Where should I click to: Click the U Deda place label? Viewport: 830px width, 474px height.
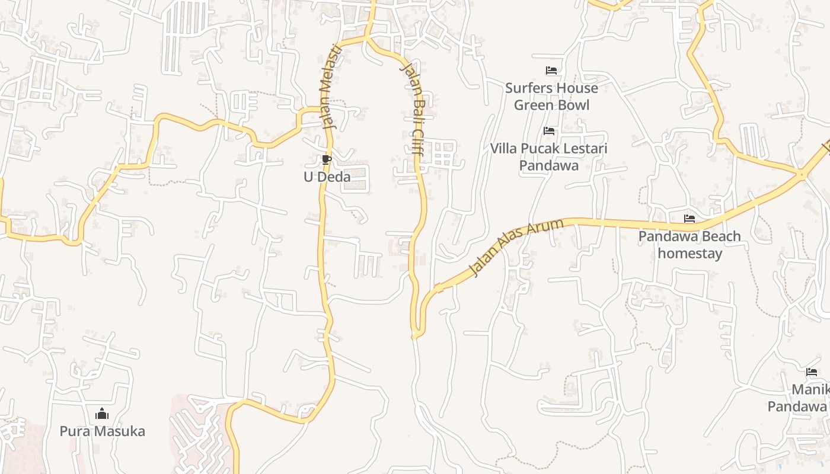(327, 177)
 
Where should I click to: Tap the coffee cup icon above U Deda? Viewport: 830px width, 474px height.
(326, 159)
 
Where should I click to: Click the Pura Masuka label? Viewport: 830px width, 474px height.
(102, 431)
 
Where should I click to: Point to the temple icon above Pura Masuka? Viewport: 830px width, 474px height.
(102, 414)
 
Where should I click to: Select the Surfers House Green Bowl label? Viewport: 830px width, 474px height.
(551, 97)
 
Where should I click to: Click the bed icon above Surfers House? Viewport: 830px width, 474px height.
(551, 71)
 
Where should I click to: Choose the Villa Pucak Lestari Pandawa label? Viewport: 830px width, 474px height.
(549, 156)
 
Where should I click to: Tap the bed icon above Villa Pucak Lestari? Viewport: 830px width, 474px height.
(549, 131)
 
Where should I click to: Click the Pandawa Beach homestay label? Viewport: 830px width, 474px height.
(689, 245)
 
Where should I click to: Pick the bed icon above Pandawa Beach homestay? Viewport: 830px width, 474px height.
(689, 219)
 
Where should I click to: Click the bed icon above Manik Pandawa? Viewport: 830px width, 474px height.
(812, 372)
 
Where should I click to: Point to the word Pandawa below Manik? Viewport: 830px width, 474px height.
(797, 406)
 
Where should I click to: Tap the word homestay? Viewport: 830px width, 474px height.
(689, 254)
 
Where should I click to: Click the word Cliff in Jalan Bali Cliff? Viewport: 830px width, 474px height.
(416, 145)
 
